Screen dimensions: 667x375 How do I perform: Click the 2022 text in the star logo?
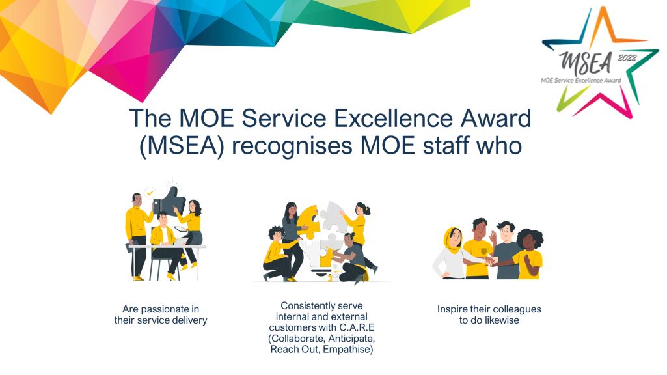pyautogui.click(x=627, y=58)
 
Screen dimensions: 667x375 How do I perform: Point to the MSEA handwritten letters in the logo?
pyautogui.click(x=586, y=63)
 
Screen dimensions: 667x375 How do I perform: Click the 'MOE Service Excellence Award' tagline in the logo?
pyautogui.click(x=580, y=80)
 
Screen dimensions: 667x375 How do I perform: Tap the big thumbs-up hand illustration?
pyautogui.click(x=170, y=200)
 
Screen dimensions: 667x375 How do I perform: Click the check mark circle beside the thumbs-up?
pyautogui.click(x=150, y=193)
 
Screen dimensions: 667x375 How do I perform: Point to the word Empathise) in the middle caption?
pyautogui.click(x=347, y=350)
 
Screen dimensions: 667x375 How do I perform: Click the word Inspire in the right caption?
pyautogui.click(x=452, y=309)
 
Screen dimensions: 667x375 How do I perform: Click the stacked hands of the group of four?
pyautogui.click(x=491, y=259)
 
